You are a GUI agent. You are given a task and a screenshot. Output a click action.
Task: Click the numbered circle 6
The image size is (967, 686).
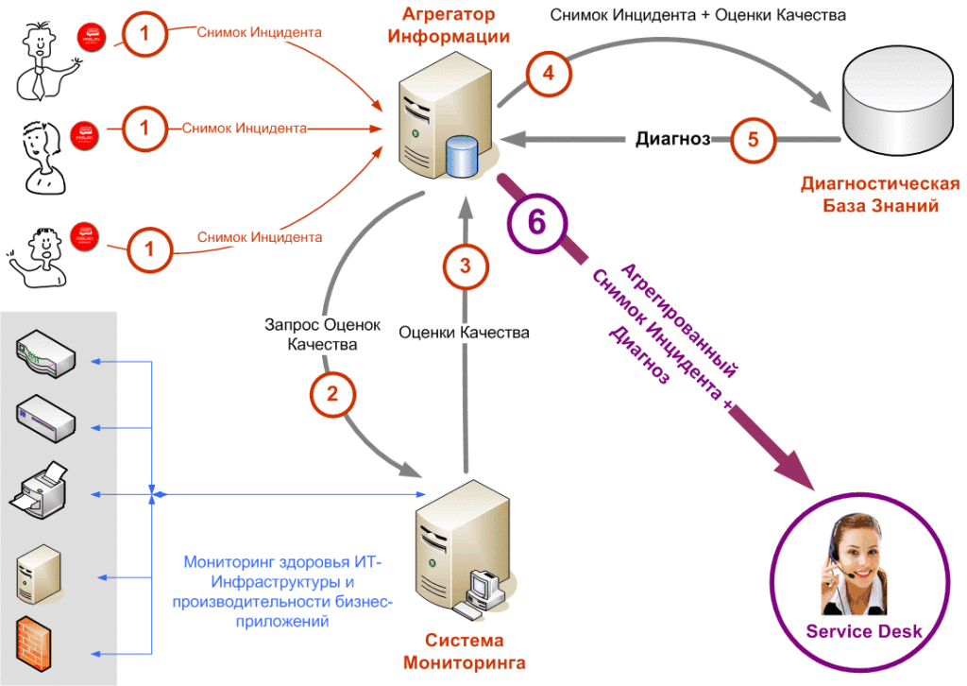(x=536, y=222)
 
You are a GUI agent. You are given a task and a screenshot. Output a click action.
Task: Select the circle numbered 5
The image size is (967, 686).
(x=753, y=140)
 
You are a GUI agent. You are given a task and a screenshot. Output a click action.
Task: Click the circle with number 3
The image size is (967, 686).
(x=465, y=266)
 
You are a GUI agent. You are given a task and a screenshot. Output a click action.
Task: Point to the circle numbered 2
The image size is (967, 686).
(x=332, y=394)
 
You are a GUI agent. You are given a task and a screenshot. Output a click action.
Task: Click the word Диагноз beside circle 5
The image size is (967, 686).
(x=672, y=140)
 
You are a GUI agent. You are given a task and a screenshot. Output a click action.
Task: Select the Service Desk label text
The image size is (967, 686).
(x=863, y=631)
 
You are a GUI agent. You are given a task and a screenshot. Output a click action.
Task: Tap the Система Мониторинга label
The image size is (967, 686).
(x=464, y=651)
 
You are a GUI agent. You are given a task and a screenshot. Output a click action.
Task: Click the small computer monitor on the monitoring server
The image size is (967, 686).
(x=487, y=583)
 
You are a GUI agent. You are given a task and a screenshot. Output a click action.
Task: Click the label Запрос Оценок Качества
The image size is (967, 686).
(x=323, y=334)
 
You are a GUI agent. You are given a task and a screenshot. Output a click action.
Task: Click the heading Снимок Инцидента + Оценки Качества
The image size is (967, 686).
(x=698, y=15)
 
